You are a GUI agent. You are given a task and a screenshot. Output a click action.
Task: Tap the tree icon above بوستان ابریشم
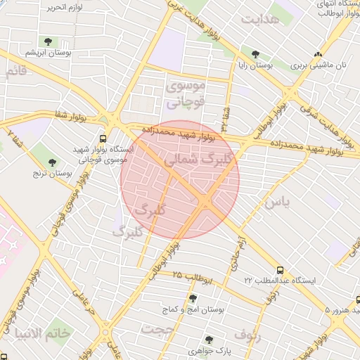pyautogui.click(x=49, y=41)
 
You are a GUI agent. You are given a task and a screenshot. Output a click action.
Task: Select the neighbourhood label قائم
pyautogui.click(x=15, y=71)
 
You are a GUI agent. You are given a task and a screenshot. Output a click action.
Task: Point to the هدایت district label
pyautogui.click(x=260, y=19)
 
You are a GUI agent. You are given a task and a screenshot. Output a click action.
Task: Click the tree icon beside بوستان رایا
pyautogui.click(x=255, y=54)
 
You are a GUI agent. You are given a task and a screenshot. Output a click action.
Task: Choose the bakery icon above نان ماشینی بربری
pyautogui.click(x=319, y=53)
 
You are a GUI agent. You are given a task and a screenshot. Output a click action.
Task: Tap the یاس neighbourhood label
pyautogui.click(x=278, y=202)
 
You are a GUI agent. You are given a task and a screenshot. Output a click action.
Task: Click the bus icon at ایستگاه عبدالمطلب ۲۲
pyautogui.click(x=281, y=269)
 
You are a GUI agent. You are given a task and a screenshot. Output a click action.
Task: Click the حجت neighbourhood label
pyautogui.click(x=157, y=329)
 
